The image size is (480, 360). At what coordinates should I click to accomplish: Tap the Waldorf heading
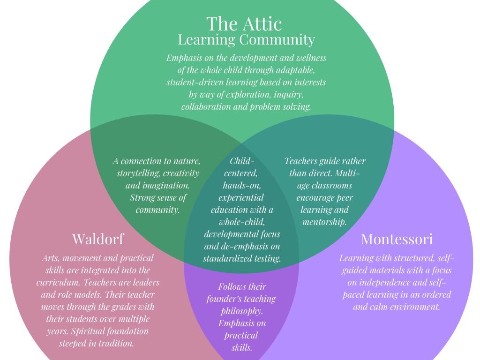click(98, 239)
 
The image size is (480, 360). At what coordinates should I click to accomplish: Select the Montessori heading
click(397, 239)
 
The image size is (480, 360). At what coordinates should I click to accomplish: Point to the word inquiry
click(288, 95)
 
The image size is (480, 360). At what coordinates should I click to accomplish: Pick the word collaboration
click(206, 106)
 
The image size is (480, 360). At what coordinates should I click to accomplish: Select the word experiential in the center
click(241, 198)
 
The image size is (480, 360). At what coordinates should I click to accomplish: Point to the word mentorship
click(324, 222)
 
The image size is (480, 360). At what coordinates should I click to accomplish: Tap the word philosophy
click(242, 311)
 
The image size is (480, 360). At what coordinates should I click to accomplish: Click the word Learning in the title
click(207, 40)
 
